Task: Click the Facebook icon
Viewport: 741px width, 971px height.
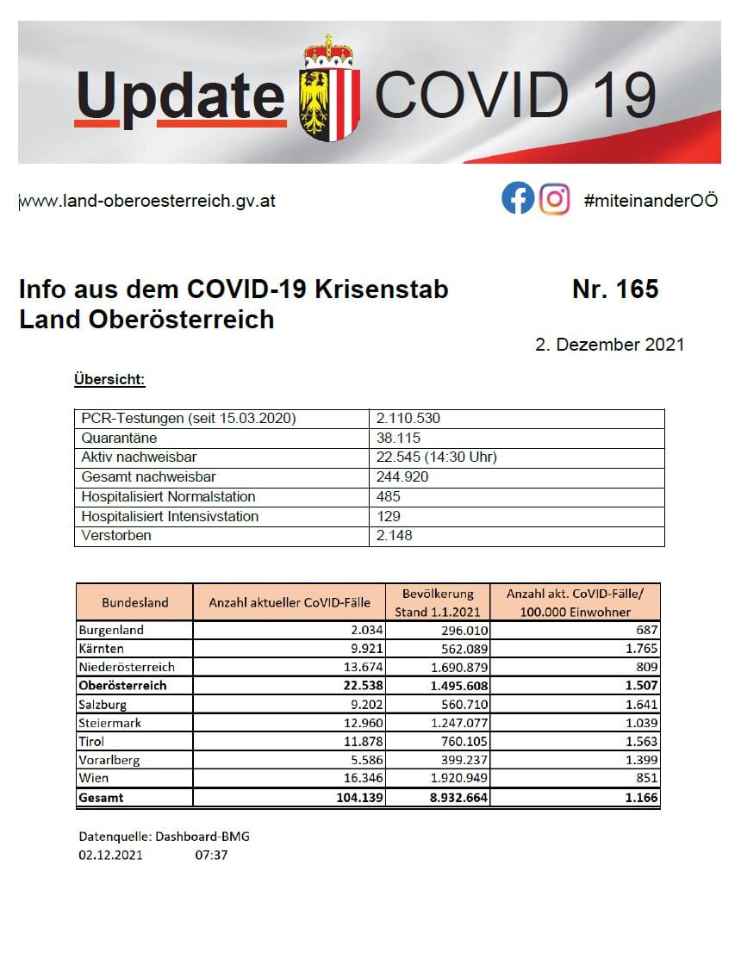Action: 518,199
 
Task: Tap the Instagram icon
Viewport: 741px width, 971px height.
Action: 555,199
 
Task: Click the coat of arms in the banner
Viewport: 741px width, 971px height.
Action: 329,90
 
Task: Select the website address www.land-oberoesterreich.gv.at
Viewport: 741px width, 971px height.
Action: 147,201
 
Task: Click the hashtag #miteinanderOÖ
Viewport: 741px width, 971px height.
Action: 651,201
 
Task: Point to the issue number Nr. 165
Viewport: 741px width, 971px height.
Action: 614,289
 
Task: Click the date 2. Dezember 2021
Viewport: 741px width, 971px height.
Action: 609,345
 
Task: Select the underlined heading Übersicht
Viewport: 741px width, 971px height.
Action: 109,379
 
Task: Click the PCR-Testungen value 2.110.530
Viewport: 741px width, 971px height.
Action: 408,419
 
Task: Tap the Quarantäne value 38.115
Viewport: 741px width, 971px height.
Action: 400,438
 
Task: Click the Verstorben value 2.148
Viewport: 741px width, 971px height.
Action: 395,536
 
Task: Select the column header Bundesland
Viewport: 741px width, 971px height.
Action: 135,602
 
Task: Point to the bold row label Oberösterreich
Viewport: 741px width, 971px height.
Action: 122,686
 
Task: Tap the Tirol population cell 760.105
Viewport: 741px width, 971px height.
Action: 461,742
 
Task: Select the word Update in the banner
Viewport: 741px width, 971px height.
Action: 180,95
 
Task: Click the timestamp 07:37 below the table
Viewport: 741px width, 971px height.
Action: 212,855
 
